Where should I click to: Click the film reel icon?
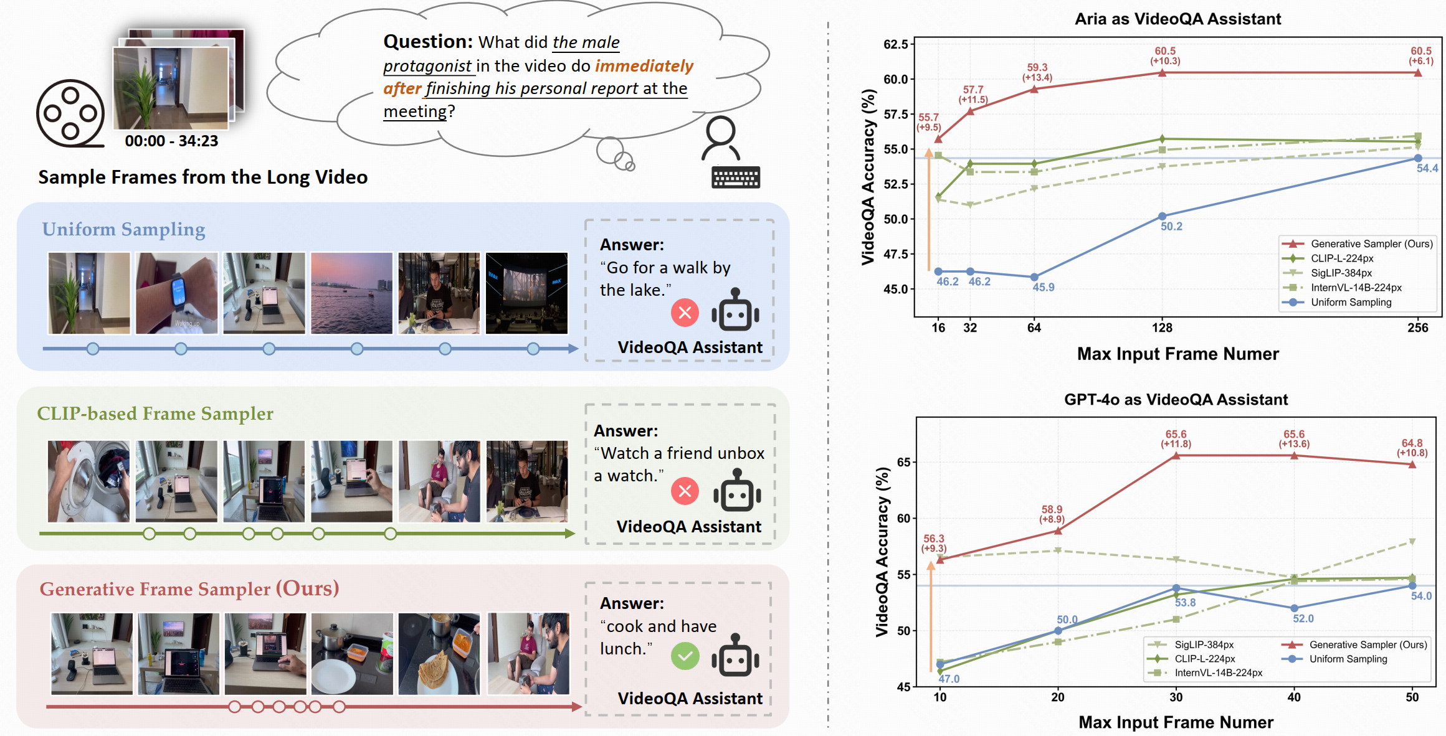pos(70,113)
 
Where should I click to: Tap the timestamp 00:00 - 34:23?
pos(171,141)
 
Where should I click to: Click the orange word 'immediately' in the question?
pos(644,66)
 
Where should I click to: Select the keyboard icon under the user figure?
pos(735,177)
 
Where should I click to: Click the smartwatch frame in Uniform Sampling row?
pos(177,293)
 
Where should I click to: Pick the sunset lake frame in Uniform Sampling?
pos(351,293)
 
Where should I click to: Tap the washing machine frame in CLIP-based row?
pos(88,481)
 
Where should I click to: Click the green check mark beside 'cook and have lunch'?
pos(685,656)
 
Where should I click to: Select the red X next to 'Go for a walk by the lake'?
pos(685,313)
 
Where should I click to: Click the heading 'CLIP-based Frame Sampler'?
pos(155,413)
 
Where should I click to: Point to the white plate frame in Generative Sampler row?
pos(352,654)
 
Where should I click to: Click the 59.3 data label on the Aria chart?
pos(1037,67)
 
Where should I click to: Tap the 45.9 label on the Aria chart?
pos(1044,287)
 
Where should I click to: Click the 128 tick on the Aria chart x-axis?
pos(1162,328)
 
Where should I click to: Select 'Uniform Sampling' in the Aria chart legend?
pos(1351,302)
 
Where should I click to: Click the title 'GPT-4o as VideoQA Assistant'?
pos(1176,399)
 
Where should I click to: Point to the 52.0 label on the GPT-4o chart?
pos(1303,618)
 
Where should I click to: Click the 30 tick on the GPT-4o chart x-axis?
pos(1176,697)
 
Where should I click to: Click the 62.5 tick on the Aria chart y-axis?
pos(895,44)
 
